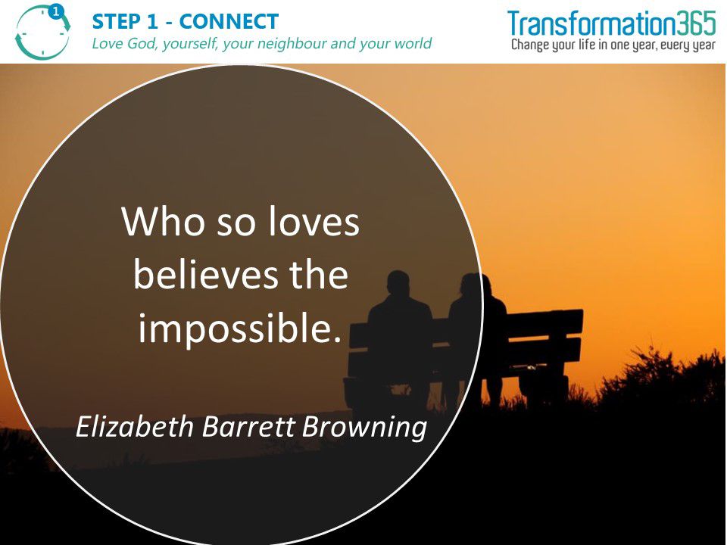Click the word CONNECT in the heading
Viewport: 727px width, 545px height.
tap(229, 21)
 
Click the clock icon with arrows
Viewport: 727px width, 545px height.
tap(42, 32)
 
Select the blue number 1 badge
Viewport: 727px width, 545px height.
tap(56, 11)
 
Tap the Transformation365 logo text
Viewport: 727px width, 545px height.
tap(612, 23)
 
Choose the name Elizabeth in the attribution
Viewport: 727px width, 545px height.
tap(135, 426)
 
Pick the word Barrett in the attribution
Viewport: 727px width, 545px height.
tap(248, 426)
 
